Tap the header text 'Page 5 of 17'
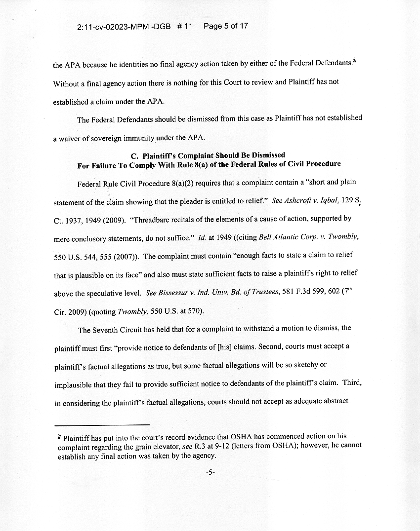[x=225, y=26]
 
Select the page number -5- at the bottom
[x=210, y=472]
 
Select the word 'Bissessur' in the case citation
[x=175, y=293]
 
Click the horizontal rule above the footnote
[x=101, y=425]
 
